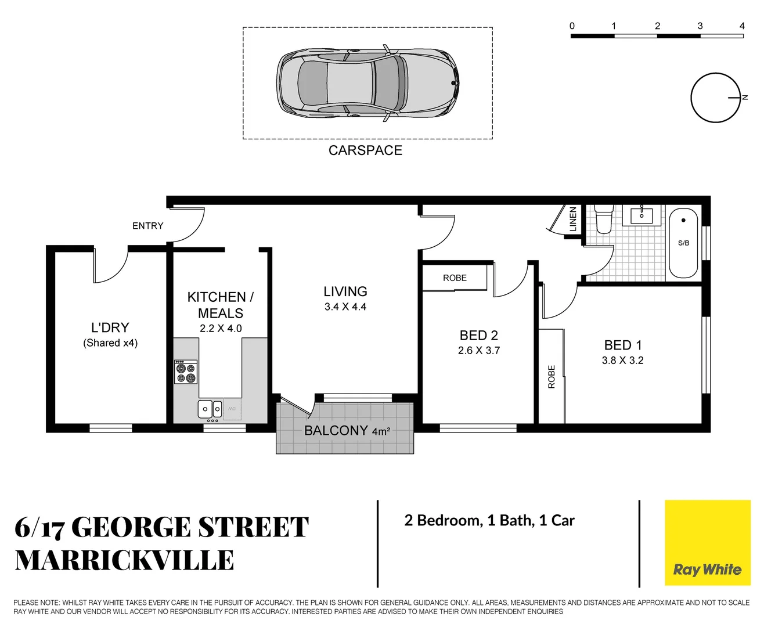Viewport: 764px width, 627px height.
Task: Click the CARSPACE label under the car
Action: [x=365, y=150]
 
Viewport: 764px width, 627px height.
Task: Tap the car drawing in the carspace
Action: [x=367, y=83]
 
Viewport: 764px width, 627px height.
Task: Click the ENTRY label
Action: [x=147, y=226]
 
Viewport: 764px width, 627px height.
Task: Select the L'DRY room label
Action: [x=110, y=327]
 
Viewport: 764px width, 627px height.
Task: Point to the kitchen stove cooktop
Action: [x=186, y=372]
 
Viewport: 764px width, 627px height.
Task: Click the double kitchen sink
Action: [x=210, y=409]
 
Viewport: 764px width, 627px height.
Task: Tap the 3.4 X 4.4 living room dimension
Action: [x=345, y=307]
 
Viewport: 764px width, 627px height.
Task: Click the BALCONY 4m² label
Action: [x=347, y=431]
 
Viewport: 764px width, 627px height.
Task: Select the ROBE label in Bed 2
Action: [x=455, y=278]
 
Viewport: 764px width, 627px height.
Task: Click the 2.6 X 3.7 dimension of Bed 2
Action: [x=478, y=351]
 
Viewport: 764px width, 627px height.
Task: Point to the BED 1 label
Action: [x=622, y=345]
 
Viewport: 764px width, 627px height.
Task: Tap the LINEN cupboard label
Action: [x=573, y=219]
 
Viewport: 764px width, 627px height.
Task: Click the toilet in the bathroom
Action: [x=603, y=220]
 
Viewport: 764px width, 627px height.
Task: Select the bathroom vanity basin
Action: [x=642, y=215]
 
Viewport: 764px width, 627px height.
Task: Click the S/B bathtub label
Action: [x=683, y=243]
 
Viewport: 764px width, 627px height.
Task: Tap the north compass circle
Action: [x=715, y=98]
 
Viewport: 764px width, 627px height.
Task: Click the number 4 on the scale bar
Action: [x=742, y=26]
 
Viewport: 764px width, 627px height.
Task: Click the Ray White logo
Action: [x=707, y=543]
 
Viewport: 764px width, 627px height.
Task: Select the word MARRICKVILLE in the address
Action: [x=124, y=561]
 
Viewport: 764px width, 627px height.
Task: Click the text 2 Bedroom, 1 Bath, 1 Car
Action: [x=489, y=521]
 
